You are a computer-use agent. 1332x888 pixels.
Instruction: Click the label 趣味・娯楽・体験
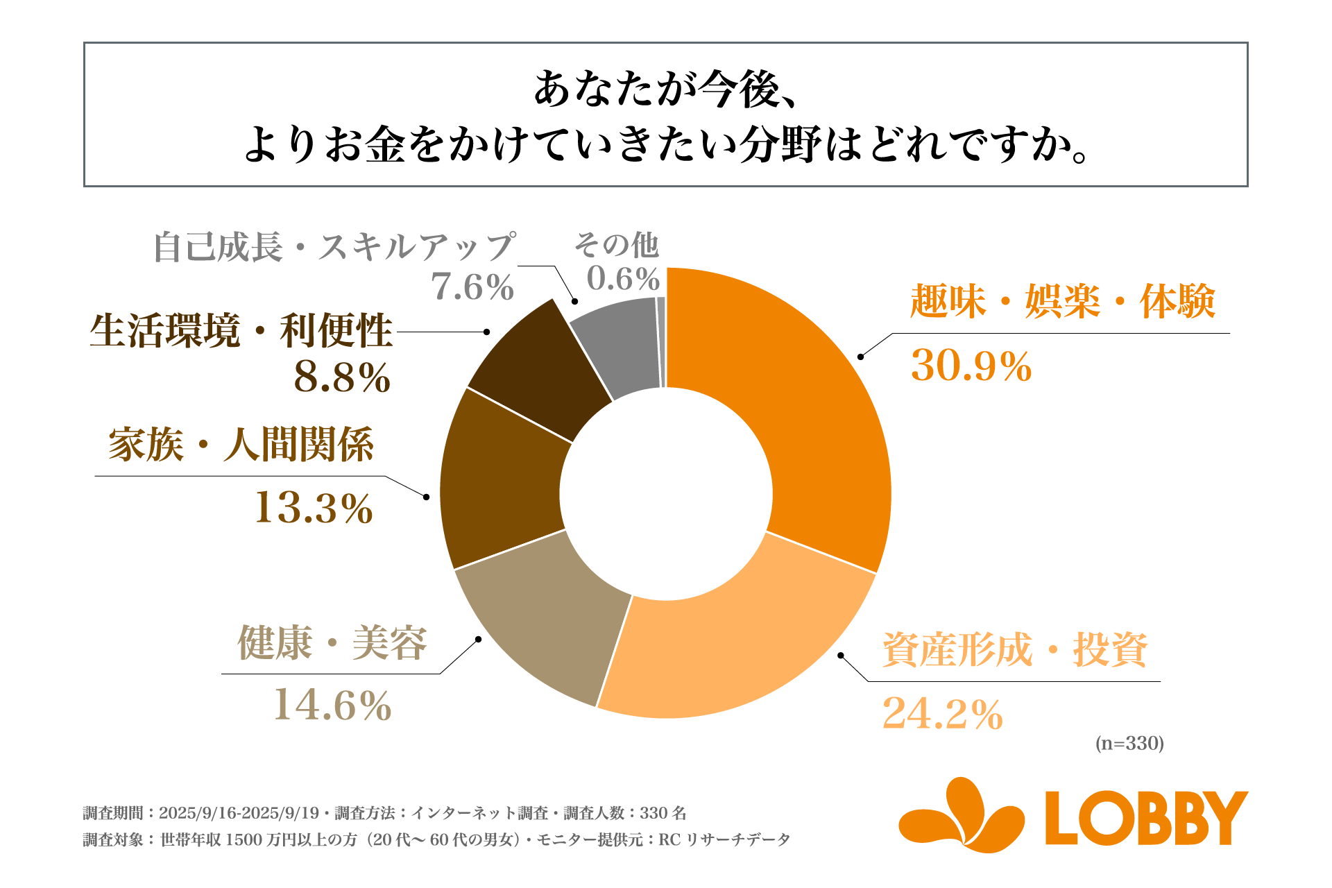[1062, 302]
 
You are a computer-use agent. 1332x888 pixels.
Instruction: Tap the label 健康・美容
[332, 642]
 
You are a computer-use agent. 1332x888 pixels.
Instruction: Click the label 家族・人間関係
[241, 445]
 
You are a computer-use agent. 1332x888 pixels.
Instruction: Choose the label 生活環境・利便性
[241, 331]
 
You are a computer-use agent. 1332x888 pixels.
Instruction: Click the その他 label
[616, 244]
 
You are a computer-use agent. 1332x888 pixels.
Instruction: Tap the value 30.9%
[971, 366]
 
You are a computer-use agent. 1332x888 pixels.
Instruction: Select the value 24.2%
[942, 714]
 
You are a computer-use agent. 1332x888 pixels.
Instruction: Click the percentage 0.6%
[622, 279]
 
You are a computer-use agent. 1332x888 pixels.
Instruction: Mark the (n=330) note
[1129, 744]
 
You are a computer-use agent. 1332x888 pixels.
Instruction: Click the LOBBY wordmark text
[1145, 819]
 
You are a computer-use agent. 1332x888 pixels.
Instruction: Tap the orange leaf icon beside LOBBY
[961, 815]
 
